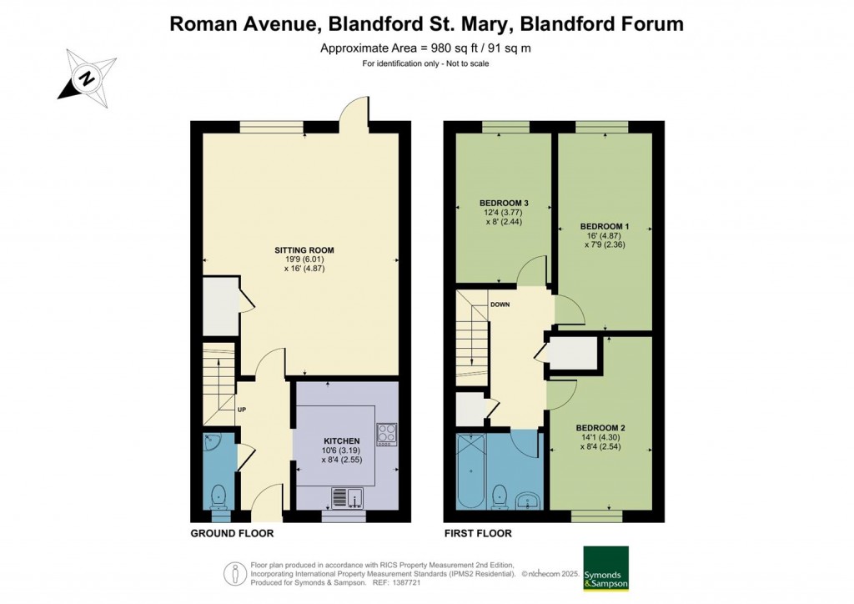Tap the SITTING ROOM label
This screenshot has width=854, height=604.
click(x=304, y=249)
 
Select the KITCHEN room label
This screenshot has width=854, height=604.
click(x=342, y=440)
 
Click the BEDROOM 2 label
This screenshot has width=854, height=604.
click(x=600, y=428)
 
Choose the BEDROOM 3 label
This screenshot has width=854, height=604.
click(x=504, y=203)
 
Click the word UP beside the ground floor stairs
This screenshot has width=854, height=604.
click(x=242, y=410)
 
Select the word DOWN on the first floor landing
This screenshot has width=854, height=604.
click(x=500, y=305)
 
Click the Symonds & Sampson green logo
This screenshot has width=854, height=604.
click(x=605, y=568)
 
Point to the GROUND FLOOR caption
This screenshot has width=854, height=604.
click(x=232, y=533)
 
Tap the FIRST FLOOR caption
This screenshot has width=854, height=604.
click(x=478, y=533)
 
